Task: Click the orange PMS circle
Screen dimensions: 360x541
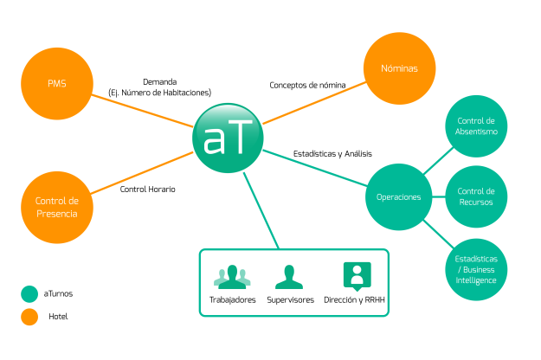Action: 57,83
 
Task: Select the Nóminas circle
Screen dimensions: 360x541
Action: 400,67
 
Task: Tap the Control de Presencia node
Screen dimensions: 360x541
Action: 57,207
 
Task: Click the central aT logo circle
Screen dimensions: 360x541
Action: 228,137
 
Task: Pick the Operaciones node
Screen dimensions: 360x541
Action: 398,196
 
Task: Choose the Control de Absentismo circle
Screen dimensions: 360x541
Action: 475,125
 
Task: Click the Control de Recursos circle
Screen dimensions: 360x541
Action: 475,196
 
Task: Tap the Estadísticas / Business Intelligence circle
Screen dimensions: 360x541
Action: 475,268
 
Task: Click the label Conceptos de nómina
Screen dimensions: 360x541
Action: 307,85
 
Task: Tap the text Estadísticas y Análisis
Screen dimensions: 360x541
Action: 332,153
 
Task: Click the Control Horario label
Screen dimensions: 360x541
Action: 147,189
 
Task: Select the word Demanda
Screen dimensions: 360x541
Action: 159,81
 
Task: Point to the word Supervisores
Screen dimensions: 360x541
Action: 290,299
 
